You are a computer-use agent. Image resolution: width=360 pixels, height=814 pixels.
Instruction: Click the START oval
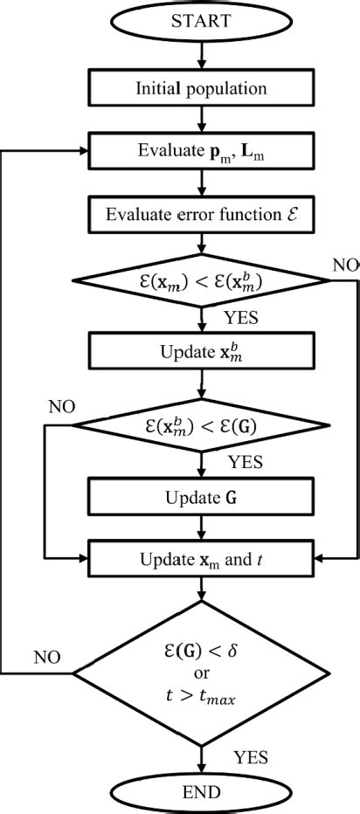tap(203, 20)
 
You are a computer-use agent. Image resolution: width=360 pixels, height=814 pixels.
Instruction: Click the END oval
tap(203, 792)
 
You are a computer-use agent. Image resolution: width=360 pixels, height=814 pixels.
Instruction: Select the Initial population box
tap(203, 87)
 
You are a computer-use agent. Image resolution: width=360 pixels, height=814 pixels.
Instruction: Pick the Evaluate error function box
tap(203, 213)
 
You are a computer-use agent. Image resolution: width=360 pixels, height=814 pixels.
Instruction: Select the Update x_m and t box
tap(203, 555)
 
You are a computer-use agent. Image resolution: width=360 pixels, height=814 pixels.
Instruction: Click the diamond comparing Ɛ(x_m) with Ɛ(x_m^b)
tap(203, 281)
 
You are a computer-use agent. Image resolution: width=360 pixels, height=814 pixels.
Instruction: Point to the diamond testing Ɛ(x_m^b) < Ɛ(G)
tap(203, 427)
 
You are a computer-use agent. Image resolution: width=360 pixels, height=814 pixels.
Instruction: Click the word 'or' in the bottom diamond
tap(203, 673)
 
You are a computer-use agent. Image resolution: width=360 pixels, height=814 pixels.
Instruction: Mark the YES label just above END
tap(251, 756)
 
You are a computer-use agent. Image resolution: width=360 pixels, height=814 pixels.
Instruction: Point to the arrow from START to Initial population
tap(203, 54)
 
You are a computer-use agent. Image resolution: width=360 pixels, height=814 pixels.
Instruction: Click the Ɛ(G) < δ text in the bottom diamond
tap(203, 649)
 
